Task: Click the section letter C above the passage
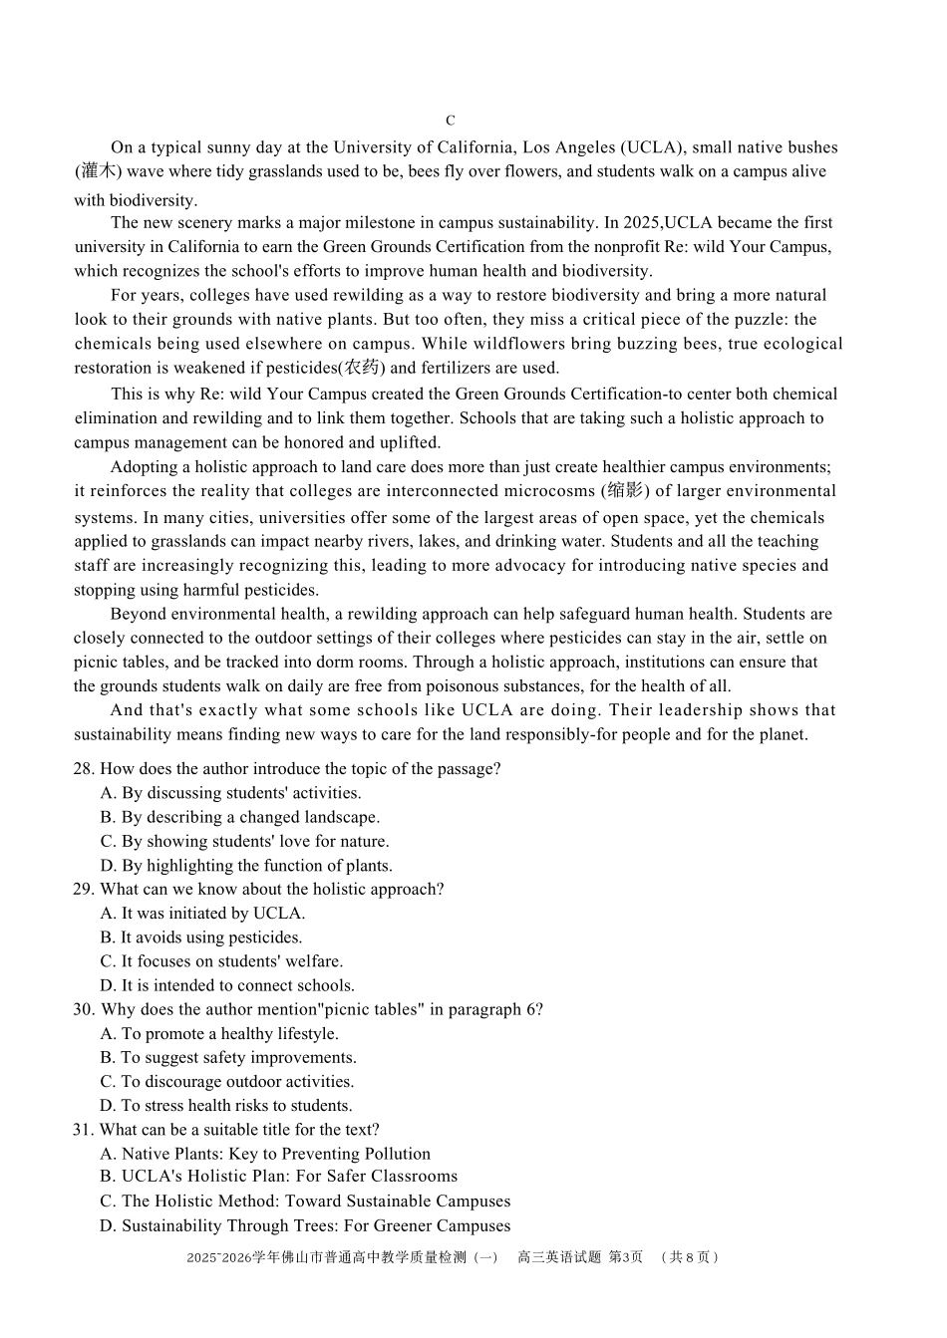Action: coord(451,121)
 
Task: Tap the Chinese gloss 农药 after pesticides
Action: coord(362,368)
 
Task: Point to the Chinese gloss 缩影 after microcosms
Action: coord(626,491)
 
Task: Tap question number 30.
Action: coord(84,1009)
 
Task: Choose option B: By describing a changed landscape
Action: coord(239,817)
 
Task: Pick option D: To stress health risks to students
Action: coord(225,1106)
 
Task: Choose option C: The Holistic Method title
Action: coord(305,1202)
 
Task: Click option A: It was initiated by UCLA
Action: coord(202,914)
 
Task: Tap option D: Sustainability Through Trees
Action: coord(305,1226)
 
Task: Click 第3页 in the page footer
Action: coord(625,1257)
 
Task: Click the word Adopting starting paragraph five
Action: coord(143,467)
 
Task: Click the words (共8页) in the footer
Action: coord(690,1257)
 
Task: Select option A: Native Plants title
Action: coord(265,1154)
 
